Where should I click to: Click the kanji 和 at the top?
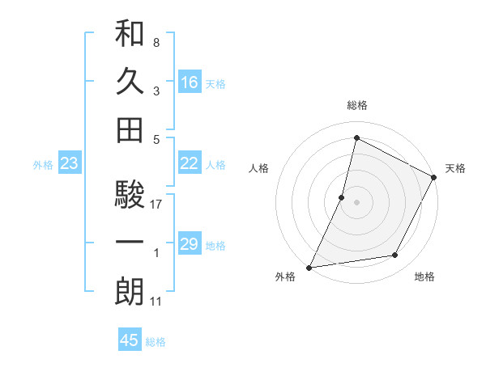[130, 34]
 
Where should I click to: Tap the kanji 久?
[130, 82]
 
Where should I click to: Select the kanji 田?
[130, 129]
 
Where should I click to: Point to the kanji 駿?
[130, 195]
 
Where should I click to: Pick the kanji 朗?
[130, 290]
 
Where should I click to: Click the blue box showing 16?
[190, 82]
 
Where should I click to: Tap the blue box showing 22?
[190, 163]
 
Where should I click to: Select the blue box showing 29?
[190, 244]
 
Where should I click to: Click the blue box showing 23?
[69, 164]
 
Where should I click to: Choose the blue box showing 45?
[130, 340]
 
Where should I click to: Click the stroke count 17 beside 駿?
[156, 205]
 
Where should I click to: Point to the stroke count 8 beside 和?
[156, 42]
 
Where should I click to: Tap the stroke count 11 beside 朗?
[156, 302]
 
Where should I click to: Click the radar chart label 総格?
[356, 106]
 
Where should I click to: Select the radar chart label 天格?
[455, 168]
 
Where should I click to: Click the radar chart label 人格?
[258, 168]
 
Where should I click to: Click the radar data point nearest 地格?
[395, 255]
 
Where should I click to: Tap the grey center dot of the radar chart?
[356, 201]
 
